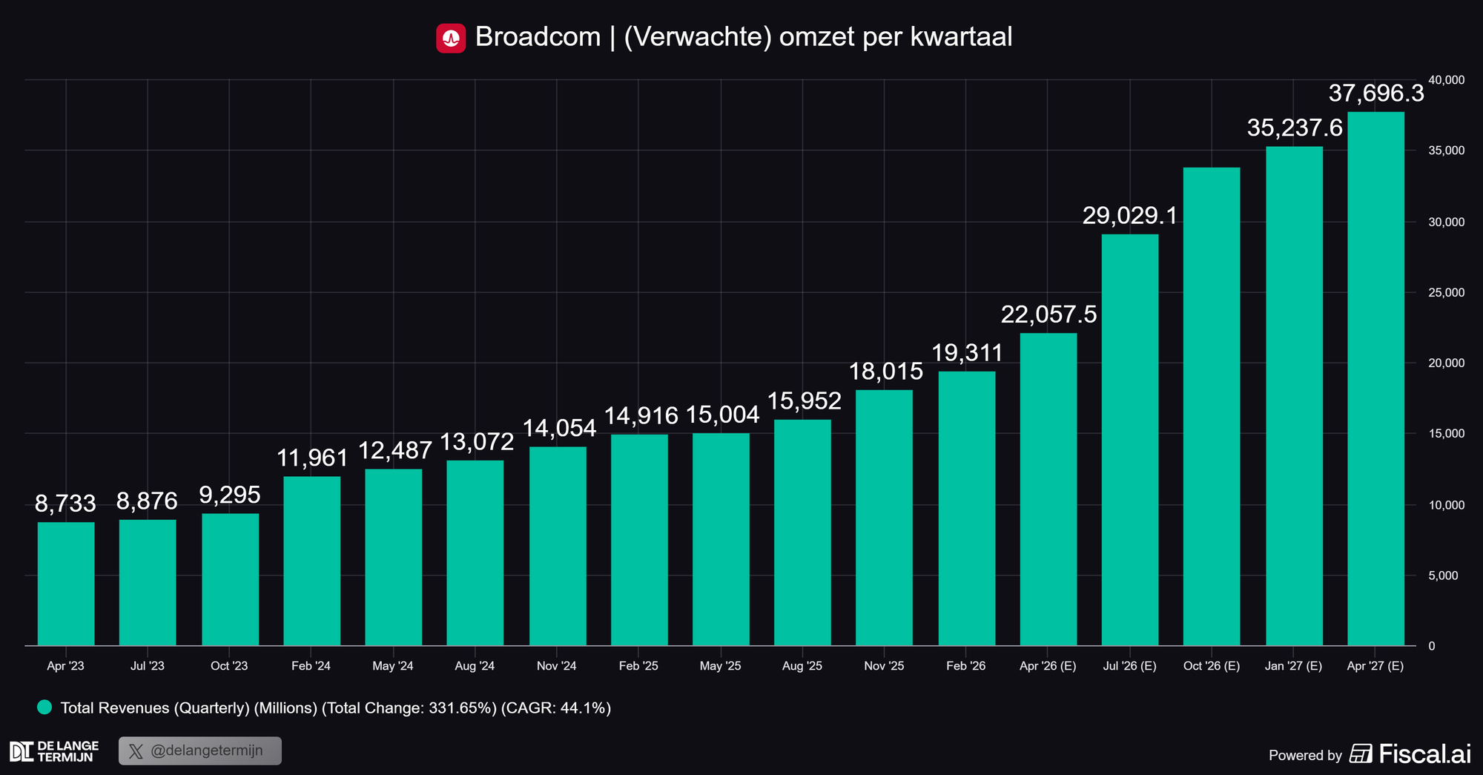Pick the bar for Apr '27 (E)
click(x=1375, y=378)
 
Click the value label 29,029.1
click(x=1129, y=216)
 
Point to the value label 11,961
click(x=312, y=458)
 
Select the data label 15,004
click(x=722, y=415)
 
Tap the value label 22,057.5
click(x=1048, y=314)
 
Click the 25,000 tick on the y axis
click(x=1446, y=293)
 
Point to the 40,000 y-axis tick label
click(x=1446, y=80)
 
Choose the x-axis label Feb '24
click(x=311, y=666)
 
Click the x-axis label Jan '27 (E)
click(x=1293, y=666)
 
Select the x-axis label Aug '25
click(x=802, y=666)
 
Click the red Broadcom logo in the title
click(x=451, y=38)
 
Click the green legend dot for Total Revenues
click(x=44, y=708)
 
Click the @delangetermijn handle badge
click(x=200, y=751)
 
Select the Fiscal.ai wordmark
click(x=1424, y=754)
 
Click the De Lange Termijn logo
click(x=53, y=751)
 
